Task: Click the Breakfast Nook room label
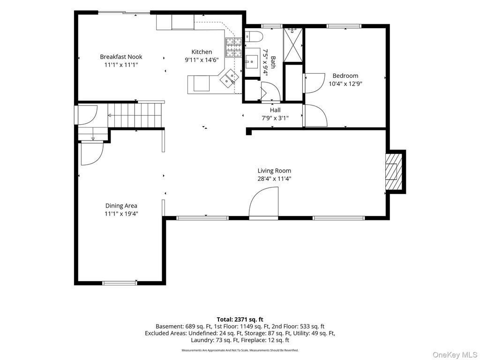[121, 57]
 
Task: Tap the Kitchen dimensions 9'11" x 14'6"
[202, 60]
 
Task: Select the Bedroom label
[345, 75]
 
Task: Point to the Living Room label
[274, 171]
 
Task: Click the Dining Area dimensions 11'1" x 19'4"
[121, 214]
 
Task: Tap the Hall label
[275, 110]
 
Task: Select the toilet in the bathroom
[254, 37]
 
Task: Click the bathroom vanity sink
[252, 62]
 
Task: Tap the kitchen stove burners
[234, 47]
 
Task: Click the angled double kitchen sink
[229, 78]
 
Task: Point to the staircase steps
[135, 115]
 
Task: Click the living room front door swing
[263, 203]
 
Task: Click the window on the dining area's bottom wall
[120, 283]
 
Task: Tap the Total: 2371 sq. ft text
[240, 320]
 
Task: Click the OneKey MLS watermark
[455, 354]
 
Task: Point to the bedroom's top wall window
[344, 26]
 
